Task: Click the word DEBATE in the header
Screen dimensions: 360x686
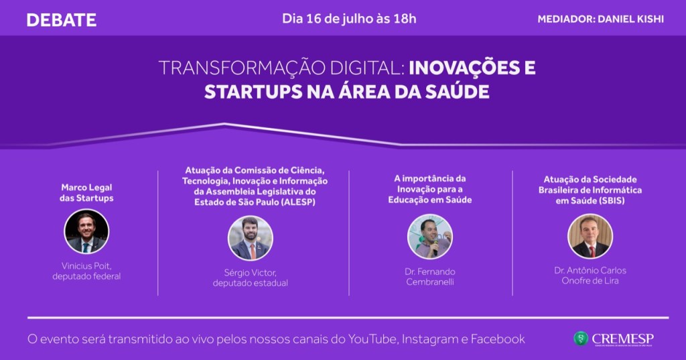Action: point(62,19)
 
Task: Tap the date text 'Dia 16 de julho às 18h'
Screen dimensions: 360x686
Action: point(349,18)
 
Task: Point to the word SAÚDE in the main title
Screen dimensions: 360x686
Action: point(458,92)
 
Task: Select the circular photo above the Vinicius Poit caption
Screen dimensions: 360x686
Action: point(86,231)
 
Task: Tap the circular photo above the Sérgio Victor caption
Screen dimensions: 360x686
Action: point(250,237)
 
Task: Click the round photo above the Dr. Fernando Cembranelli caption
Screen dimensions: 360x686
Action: point(430,237)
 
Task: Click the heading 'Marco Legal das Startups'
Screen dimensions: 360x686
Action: point(87,193)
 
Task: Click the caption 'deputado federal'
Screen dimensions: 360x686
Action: point(87,276)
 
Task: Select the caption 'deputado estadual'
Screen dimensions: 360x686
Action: point(250,283)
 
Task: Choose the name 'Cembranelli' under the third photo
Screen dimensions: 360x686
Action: point(430,282)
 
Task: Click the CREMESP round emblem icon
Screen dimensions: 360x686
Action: point(580,339)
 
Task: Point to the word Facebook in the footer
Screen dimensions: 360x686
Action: point(498,339)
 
